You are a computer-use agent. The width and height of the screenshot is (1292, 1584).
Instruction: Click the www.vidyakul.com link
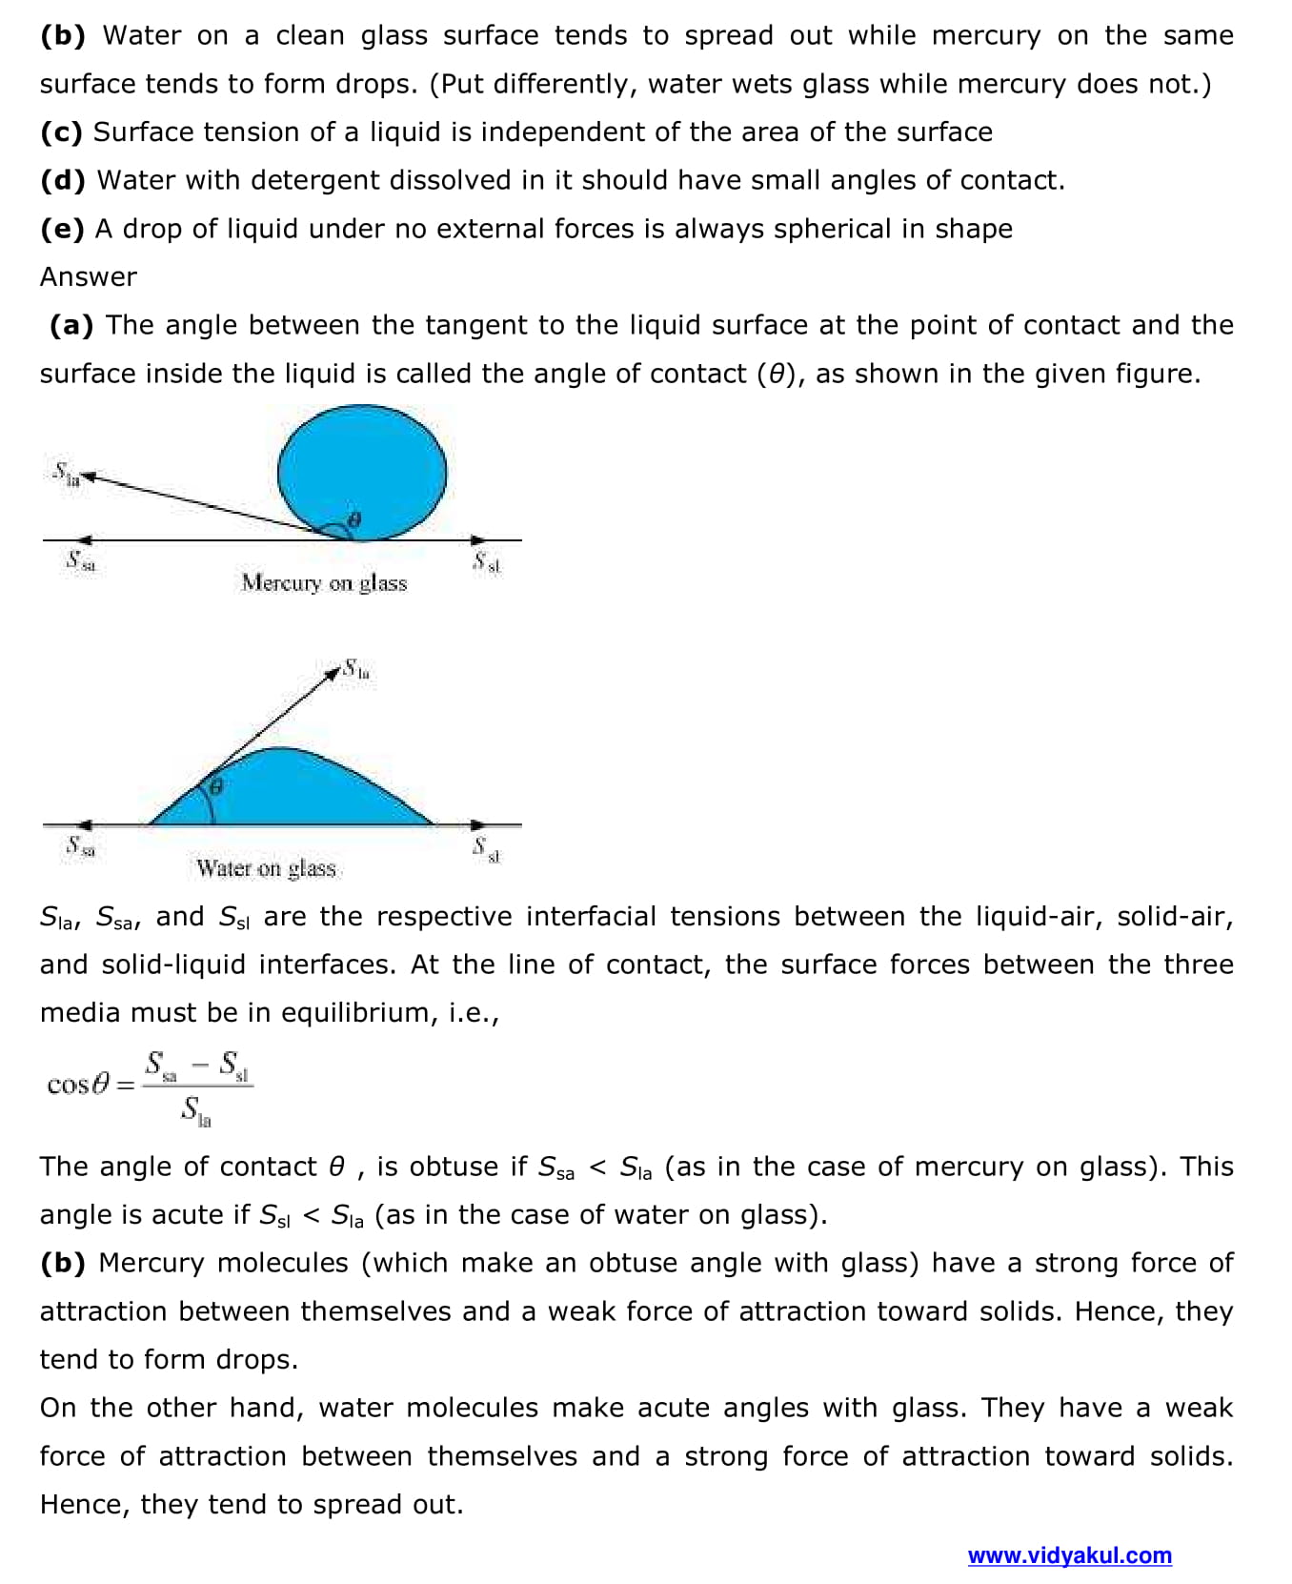point(1069,1555)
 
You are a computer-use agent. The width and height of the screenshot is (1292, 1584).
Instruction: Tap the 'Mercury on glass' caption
point(324,582)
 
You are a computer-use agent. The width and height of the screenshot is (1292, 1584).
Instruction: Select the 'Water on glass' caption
point(266,867)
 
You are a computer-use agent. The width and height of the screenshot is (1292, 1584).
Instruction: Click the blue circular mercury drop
point(362,471)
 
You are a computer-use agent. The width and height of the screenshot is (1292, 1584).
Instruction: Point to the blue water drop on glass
point(305,791)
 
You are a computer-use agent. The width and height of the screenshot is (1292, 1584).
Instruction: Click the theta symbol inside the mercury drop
point(354,519)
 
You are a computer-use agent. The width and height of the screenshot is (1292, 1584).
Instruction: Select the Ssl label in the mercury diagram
point(487,563)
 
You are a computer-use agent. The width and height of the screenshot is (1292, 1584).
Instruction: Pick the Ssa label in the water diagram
point(80,846)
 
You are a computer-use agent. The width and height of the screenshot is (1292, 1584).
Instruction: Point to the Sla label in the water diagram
point(356,670)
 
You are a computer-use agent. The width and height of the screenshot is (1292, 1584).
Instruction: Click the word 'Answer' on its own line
point(89,276)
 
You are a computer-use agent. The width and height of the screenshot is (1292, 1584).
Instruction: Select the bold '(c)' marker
point(61,132)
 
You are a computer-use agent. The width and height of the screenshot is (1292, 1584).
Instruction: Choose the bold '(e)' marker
point(62,229)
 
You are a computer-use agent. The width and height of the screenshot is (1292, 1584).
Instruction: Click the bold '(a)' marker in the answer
point(71,325)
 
